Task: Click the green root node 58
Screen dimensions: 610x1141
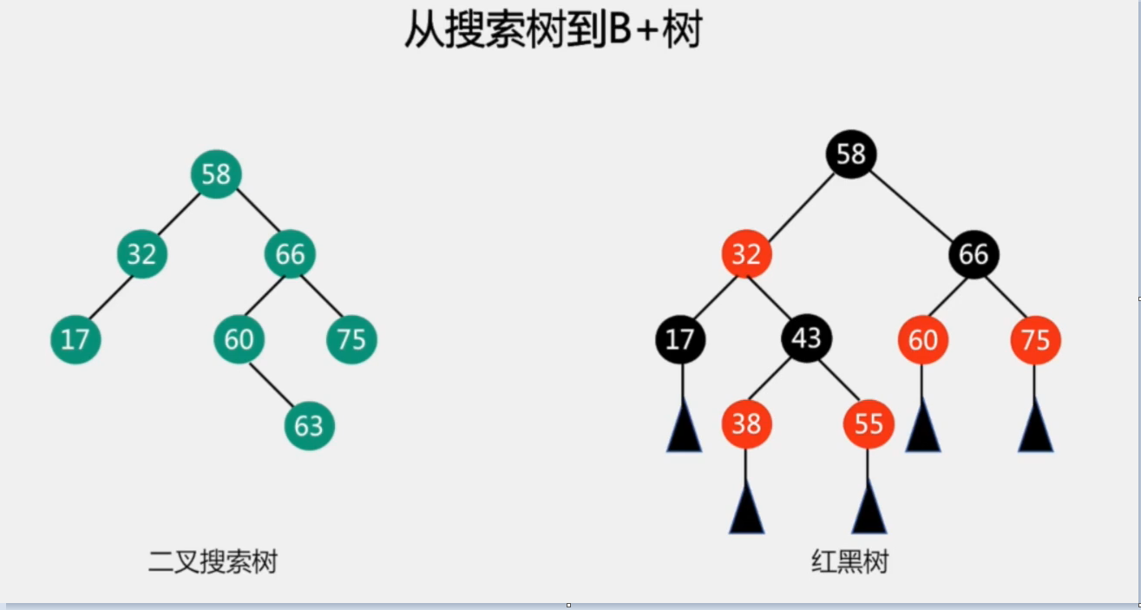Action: pyautogui.click(x=215, y=174)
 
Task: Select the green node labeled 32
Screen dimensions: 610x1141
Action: pyautogui.click(x=141, y=254)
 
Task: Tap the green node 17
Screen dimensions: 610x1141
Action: pyautogui.click(x=75, y=338)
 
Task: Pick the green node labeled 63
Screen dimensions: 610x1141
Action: pyautogui.click(x=309, y=425)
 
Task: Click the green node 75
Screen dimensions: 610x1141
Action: pyautogui.click(x=351, y=338)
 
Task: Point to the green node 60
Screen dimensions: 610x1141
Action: pyautogui.click(x=239, y=338)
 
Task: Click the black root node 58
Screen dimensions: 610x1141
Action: pyautogui.click(x=851, y=154)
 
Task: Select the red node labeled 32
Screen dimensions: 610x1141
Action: pyautogui.click(x=746, y=254)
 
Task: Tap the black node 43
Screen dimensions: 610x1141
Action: pyautogui.click(x=806, y=338)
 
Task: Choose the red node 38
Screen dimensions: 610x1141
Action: pyautogui.click(x=746, y=423)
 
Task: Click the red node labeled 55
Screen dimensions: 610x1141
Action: pyautogui.click(x=869, y=423)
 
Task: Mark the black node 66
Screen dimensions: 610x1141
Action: pyautogui.click(x=974, y=254)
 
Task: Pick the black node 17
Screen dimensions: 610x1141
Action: pyautogui.click(x=680, y=338)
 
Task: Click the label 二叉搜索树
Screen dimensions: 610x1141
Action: pyautogui.click(x=213, y=562)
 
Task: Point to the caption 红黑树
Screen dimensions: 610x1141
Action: pyautogui.click(x=850, y=562)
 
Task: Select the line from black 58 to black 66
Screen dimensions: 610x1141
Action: pyautogui.click(x=911, y=204)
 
